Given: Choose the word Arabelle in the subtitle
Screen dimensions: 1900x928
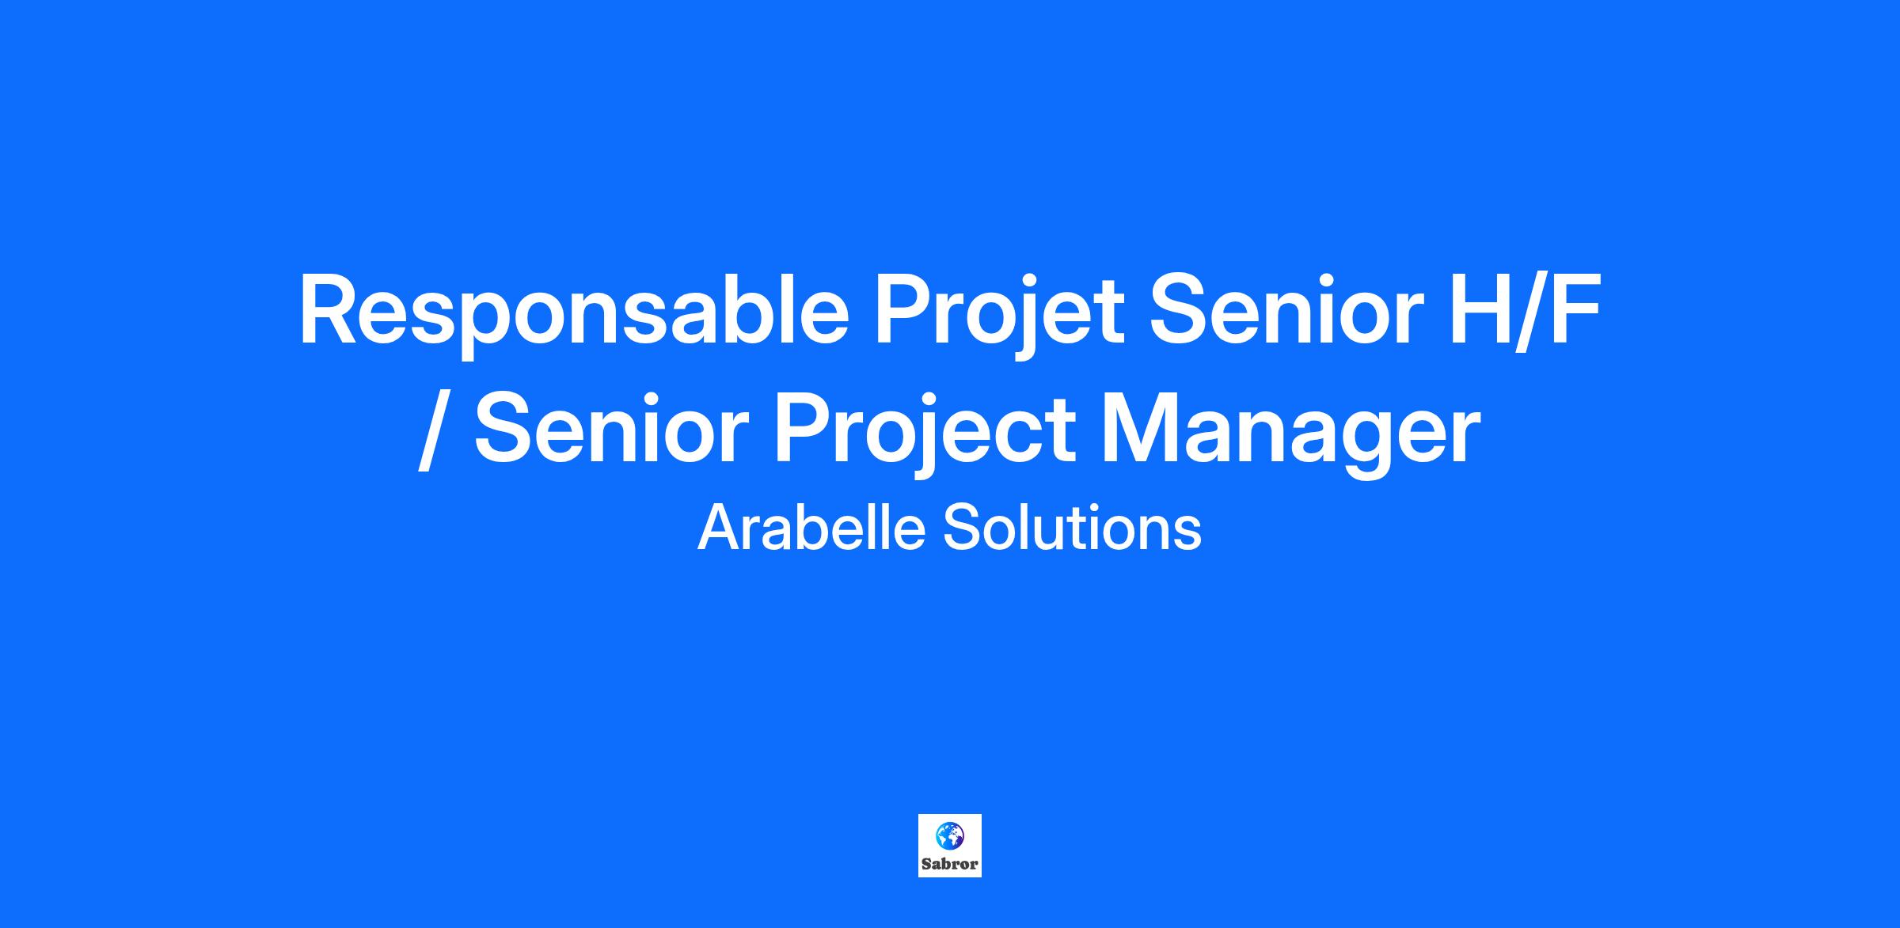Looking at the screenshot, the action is pyautogui.click(x=811, y=528).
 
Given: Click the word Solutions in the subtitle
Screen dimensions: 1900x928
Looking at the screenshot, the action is pyautogui.click(x=1072, y=528).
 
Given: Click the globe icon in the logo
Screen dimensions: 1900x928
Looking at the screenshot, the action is pyautogui.click(x=949, y=835).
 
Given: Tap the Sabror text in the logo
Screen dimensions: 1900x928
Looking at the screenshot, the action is pyautogui.click(x=949, y=864).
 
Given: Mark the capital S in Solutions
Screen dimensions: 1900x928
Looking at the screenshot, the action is pyautogui.click(x=960, y=528).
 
